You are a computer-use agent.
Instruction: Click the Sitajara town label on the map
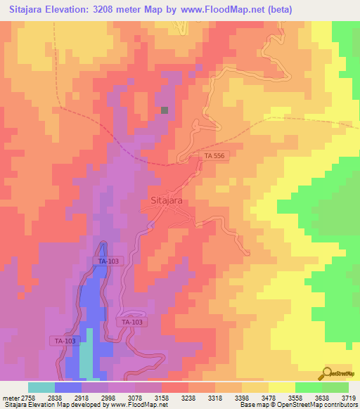(167, 200)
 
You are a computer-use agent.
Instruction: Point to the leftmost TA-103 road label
(65, 341)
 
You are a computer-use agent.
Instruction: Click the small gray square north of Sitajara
(165, 110)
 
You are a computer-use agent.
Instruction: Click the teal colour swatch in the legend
(41, 387)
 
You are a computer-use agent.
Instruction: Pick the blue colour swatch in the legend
(68, 387)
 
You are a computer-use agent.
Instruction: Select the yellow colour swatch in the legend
(281, 387)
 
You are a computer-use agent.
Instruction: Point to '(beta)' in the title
(277, 10)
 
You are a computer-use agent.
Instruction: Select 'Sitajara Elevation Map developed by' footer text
(44, 405)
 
